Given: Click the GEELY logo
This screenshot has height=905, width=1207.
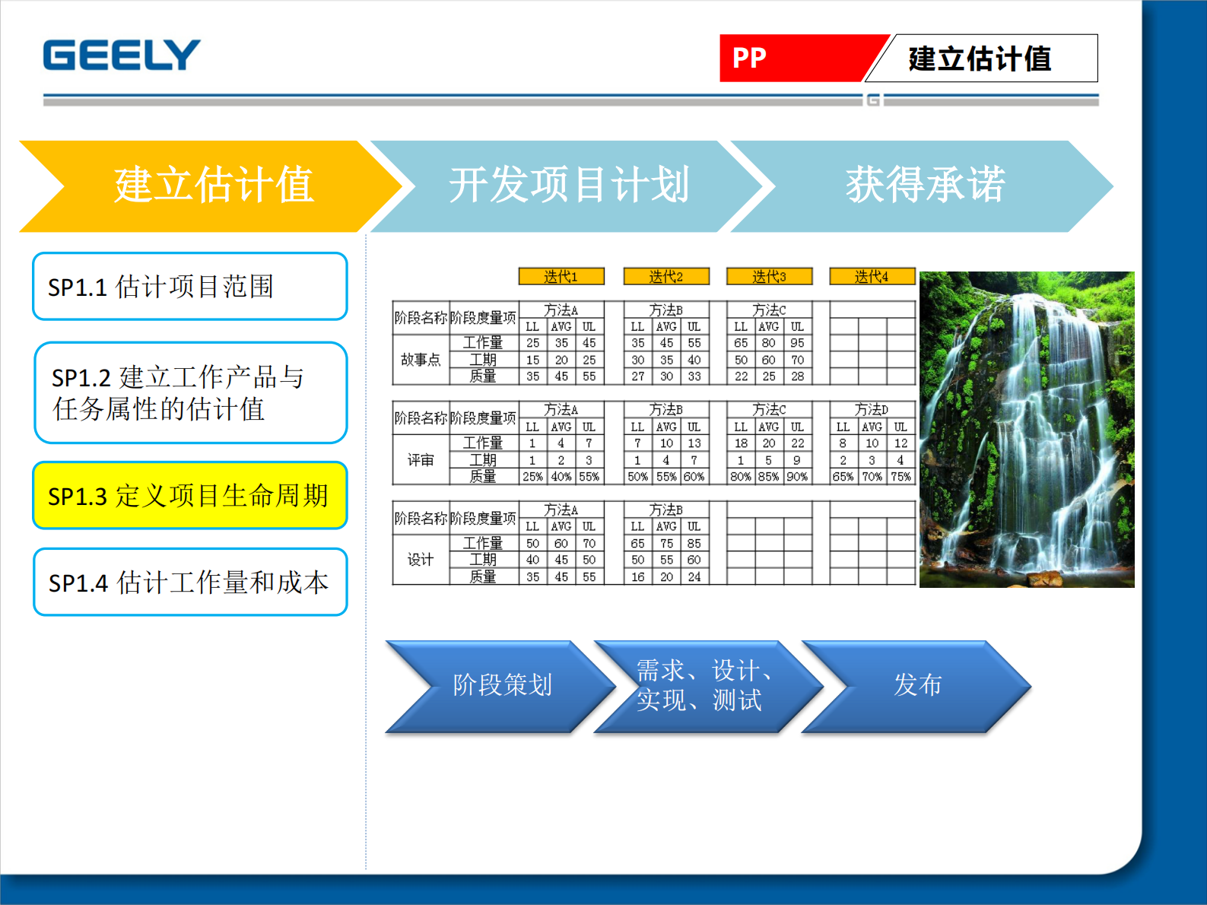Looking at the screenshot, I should coord(122,56).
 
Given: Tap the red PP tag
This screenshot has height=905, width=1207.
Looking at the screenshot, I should coord(791,58).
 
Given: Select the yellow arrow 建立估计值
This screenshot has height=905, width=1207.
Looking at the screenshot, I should coord(213,186).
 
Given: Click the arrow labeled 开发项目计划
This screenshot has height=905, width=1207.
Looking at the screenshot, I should coord(569,186).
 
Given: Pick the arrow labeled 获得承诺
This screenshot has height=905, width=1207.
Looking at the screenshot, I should coord(925,186).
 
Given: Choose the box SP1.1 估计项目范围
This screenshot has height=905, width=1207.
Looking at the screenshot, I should coord(190,287).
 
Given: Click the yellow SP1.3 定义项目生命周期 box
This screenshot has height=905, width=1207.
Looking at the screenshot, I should coord(190,496).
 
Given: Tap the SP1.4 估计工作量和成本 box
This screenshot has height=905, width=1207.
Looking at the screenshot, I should coord(190,583).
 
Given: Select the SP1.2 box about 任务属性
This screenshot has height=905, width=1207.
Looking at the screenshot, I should coord(190,392).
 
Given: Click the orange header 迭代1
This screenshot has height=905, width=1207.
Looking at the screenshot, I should coord(561,276).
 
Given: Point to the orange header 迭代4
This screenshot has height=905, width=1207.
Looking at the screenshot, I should coord(872,276).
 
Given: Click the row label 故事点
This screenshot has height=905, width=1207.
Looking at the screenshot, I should coord(421,360).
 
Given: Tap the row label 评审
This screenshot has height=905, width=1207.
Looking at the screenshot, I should coord(421,460).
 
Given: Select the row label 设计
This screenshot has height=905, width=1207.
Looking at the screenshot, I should coord(421,560).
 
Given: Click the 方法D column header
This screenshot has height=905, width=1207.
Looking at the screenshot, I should coord(872,410).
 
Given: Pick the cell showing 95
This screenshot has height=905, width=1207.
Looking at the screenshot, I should coord(797,343).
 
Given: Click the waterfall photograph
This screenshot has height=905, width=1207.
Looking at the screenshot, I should coord(1027,430).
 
